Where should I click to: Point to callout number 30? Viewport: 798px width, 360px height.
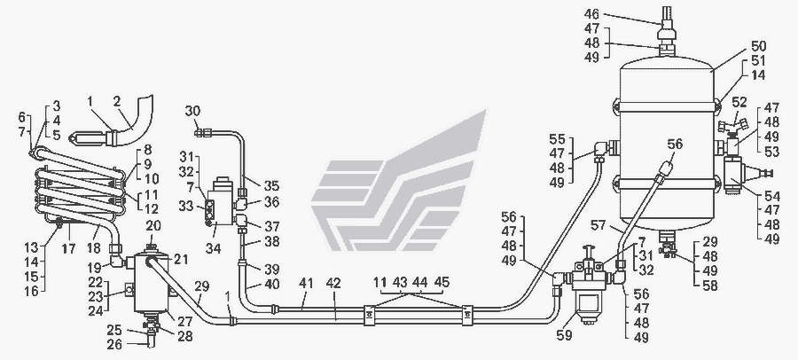pos(192,109)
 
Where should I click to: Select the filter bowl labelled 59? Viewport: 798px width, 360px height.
pos(588,311)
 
